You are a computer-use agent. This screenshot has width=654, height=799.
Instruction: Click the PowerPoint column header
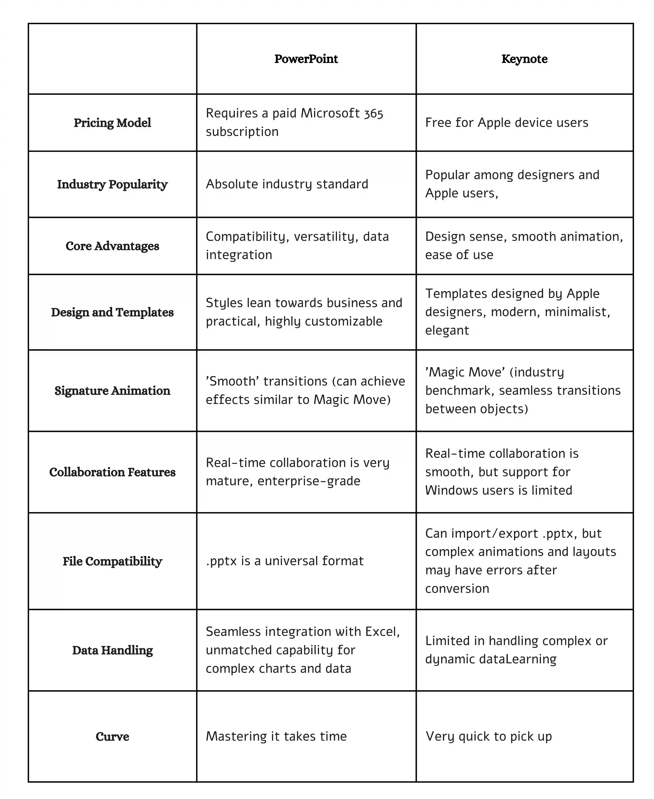[x=306, y=59]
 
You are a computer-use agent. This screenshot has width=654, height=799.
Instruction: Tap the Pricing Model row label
[x=112, y=123]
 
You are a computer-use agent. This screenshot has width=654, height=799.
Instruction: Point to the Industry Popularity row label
[x=112, y=185]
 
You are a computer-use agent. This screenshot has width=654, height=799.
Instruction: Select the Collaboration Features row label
[x=112, y=472]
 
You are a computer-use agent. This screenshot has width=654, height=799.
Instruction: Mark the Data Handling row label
[x=112, y=650]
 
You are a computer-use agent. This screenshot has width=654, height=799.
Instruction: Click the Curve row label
[x=112, y=737]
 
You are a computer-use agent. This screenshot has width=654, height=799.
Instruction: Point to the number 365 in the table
[x=373, y=113]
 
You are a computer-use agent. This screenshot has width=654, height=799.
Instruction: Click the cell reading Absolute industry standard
[x=287, y=184]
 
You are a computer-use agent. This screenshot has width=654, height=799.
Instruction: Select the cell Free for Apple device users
[x=506, y=123]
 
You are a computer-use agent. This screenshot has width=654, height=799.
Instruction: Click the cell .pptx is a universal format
[x=284, y=561]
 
